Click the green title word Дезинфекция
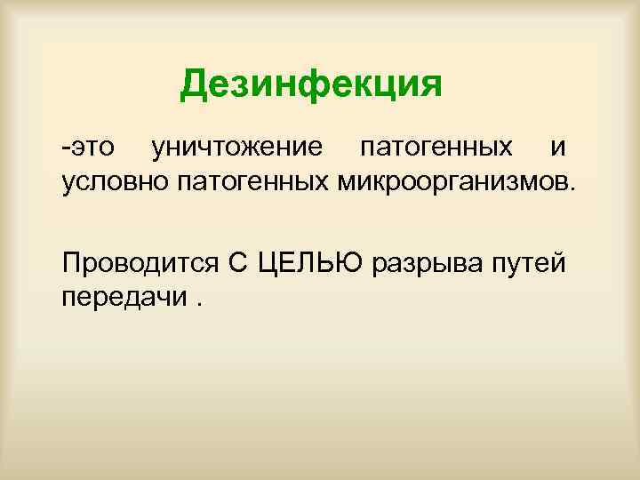point(310,85)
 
